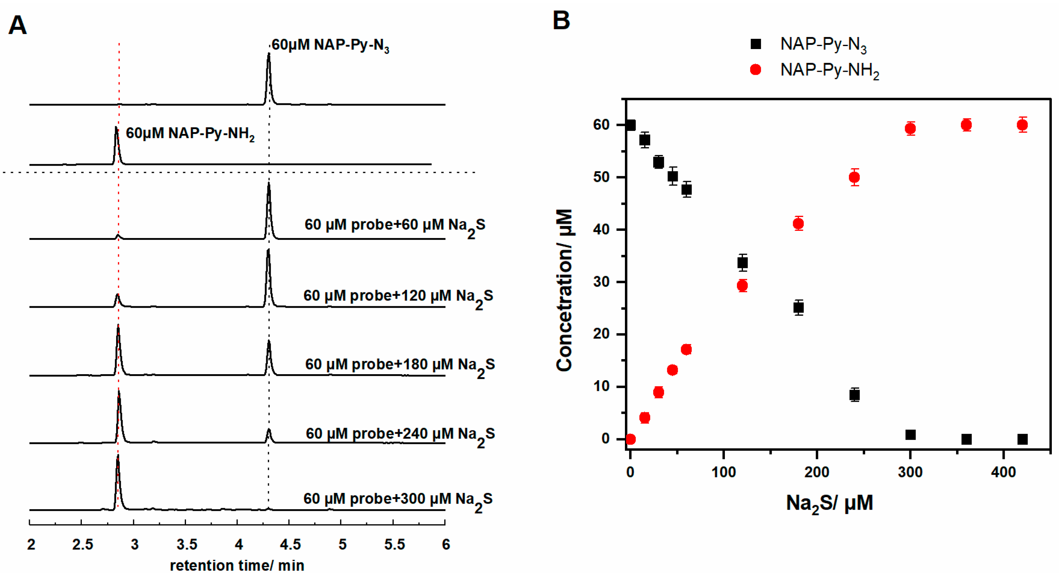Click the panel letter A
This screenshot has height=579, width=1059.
tap(17, 26)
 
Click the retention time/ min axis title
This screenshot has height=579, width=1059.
tap(237, 565)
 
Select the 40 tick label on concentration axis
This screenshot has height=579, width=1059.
tap(601, 229)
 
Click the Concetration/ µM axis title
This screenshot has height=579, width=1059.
tap(564, 290)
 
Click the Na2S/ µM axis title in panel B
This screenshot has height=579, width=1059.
tap(829, 503)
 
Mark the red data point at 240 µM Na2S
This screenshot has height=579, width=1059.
tap(854, 178)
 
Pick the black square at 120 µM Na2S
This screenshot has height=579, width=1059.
tap(743, 263)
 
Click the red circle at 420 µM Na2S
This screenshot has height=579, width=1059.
tap(1022, 125)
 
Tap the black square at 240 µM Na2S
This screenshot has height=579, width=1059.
tap(854, 395)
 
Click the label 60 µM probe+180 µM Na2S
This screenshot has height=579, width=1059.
tap(400, 365)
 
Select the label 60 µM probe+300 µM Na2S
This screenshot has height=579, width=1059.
tap(398, 500)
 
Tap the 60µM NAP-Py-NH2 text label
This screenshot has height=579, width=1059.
tap(190, 134)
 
